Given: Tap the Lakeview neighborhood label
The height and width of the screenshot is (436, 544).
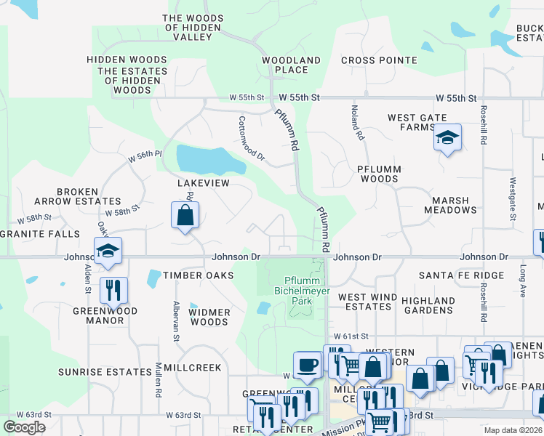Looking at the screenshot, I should [x=204, y=184].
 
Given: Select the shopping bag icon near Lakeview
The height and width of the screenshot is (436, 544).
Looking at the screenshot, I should [x=185, y=216].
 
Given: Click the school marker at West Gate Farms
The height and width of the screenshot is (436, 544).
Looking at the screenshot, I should [x=447, y=137].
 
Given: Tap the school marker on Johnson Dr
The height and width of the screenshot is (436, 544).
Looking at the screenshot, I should [x=108, y=251].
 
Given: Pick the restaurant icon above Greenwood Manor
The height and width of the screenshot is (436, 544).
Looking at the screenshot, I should [x=113, y=290].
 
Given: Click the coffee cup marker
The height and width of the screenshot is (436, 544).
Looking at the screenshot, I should [x=307, y=365].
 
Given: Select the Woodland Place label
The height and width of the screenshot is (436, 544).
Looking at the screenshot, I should [x=291, y=65].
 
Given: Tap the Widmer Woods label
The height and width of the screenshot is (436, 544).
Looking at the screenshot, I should [x=209, y=317].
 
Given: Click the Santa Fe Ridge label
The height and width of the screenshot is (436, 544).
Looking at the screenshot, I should [x=461, y=275].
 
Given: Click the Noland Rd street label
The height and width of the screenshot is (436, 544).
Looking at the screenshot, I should [x=356, y=122].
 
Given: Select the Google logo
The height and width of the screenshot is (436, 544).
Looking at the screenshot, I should [x=24, y=427].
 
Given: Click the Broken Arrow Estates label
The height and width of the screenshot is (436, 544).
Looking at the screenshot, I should [x=78, y=196].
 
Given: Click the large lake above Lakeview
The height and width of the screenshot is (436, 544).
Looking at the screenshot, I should [x=204, y=157].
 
